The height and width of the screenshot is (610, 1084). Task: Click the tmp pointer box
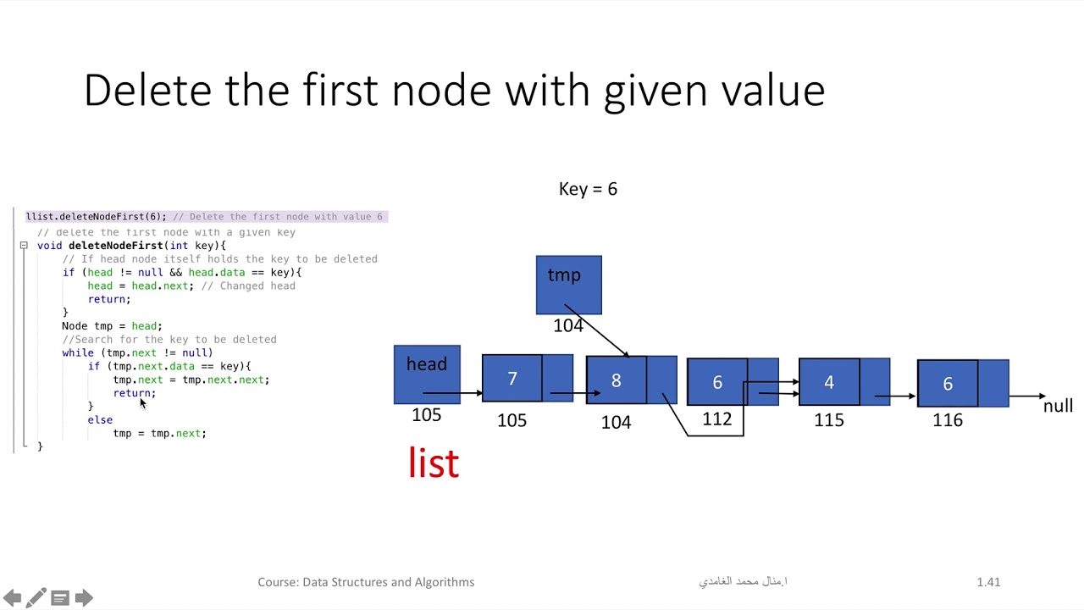[568, 285]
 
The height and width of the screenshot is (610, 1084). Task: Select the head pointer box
[427, 374]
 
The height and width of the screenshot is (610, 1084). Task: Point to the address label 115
[829, 420]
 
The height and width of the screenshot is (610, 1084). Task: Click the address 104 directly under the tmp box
[568, 326]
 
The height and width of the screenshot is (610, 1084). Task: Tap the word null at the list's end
[1058, 406]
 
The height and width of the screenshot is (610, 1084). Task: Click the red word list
[434, 463]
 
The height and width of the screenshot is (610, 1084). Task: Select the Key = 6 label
[588, 189]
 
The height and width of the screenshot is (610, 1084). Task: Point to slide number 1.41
[988, 582]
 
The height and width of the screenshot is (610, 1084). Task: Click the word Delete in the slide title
[147, 90]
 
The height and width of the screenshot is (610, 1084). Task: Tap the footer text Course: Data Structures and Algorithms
[366, 582]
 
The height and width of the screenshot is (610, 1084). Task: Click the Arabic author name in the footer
[743, 582]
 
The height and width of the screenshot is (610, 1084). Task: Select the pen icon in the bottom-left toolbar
[36, 598]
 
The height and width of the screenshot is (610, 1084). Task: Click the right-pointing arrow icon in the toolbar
[84, 598]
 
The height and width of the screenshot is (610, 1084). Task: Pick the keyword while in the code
[78, 352]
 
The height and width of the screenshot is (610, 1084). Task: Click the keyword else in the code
[100, 419]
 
